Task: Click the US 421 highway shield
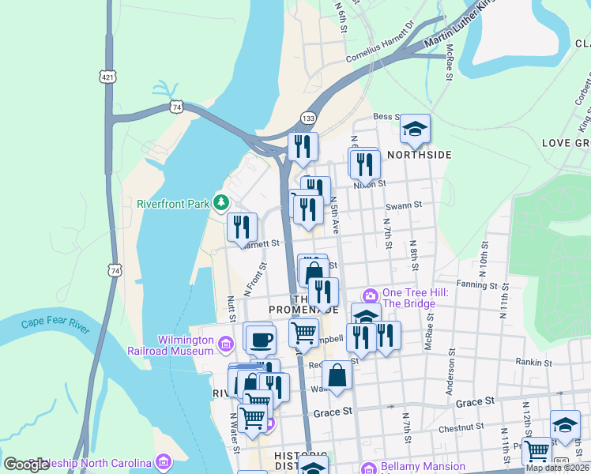(x=108, y=76)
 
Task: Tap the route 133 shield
(x=309, y=117)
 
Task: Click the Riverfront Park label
(x=173, y=204)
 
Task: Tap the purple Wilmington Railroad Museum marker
(x=226, y=344)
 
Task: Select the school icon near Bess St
(x=415, y=130)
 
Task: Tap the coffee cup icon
(x=260, y=340)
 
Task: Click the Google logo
(x=26, y=464)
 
